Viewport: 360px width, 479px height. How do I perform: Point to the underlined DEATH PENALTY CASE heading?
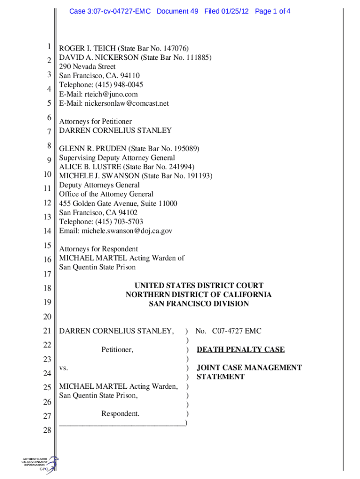click(x=240, y=349)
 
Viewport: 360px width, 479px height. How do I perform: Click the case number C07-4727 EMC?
click(x=236, y=331)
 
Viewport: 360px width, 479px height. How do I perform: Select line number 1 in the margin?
click(x=48, y=47)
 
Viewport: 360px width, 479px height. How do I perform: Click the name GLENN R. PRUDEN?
click(x=93, y=149)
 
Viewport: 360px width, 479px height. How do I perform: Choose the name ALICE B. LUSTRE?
click(x=89, y=167)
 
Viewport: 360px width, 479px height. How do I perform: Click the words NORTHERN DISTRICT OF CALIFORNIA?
click(x=198, y=295)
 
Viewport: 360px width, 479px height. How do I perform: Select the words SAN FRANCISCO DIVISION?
click(x=198, y=304)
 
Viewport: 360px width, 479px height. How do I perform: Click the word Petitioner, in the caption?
click(x=117, y=349)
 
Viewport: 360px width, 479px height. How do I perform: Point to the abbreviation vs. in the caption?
click(x=64, y=368)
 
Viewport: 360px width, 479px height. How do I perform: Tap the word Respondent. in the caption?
click(x=120, y=414)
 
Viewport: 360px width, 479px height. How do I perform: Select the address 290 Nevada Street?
click(x=87, y=66)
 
